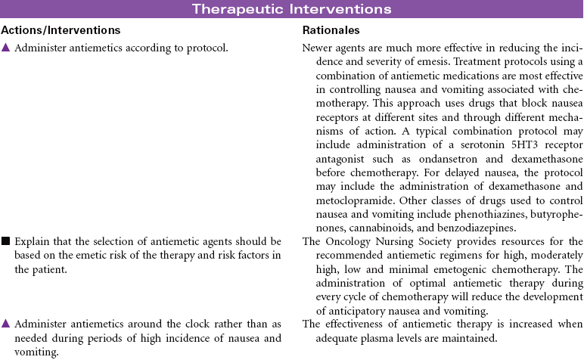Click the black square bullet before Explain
click(x=5, y=242)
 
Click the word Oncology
click(x=354, y=242)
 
